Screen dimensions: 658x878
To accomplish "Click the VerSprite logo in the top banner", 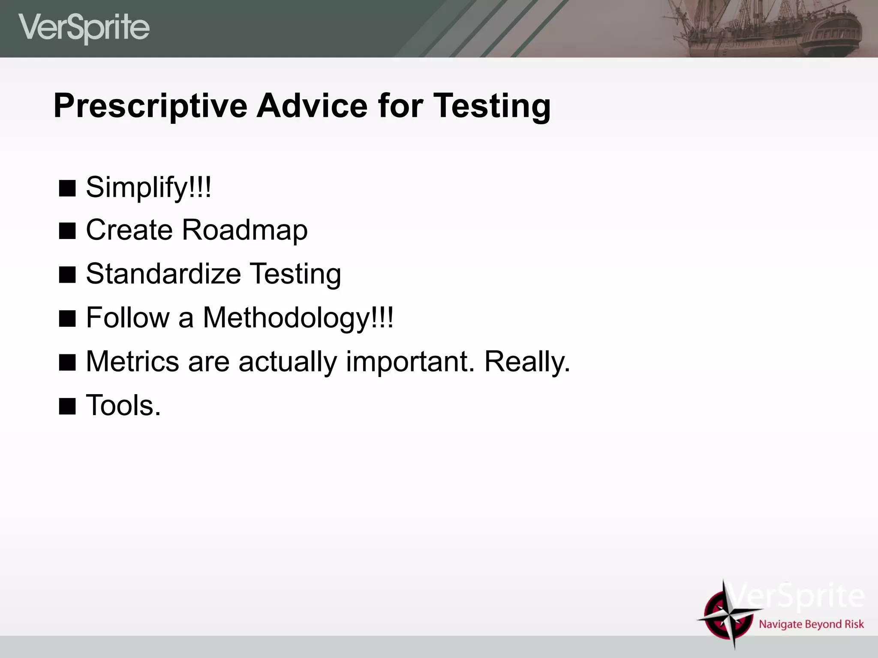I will pos(84,28).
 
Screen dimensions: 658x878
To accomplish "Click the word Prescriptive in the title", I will pos(150,106).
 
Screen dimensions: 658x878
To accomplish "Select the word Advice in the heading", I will pos(312,106).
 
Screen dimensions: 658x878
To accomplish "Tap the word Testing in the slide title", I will pos(492,106).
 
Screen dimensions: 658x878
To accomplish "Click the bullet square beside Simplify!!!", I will pos(67,188).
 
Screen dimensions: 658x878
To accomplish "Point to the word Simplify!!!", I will pos(148,187).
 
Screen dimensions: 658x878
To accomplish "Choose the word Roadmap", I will pos(245,230).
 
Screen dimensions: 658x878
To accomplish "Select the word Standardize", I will pos(163,274).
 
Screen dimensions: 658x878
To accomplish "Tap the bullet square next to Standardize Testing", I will pos(67,275).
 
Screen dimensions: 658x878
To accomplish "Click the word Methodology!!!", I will pos(298,318).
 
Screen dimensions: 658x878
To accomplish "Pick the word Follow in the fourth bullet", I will pos(128,318).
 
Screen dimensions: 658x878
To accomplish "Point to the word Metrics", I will pos(132,362).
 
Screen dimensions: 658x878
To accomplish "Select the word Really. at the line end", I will pos(527,362).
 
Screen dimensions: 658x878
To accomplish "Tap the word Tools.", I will pos(123,405).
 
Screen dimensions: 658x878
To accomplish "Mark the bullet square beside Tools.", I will pos(67,406).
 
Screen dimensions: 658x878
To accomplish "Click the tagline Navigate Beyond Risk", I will pos(811,624).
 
